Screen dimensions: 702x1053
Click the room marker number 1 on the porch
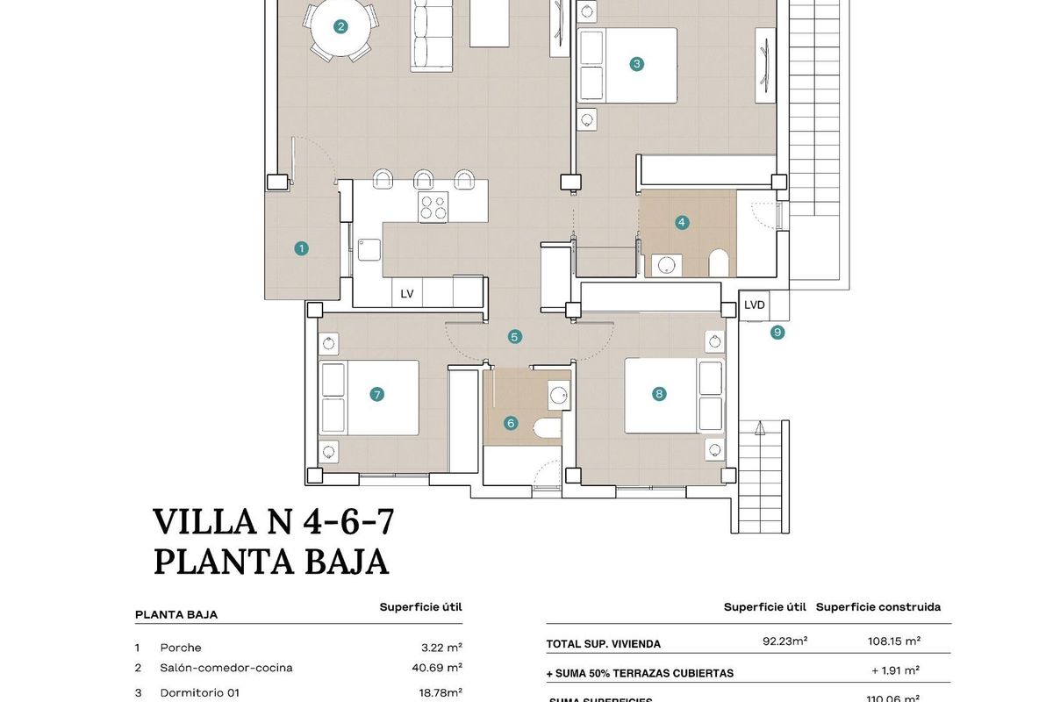point(301,248)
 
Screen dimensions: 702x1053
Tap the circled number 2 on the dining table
point(340,26)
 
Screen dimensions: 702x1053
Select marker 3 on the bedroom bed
point(637,63)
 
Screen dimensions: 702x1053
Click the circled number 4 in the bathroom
point(682,223)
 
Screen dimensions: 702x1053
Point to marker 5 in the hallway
point(515,336)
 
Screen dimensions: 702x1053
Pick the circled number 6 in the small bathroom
point(511,423)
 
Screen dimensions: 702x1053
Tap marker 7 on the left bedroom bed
point(377,395)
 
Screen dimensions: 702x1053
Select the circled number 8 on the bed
point(659,394)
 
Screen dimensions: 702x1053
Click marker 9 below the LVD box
point(777,333)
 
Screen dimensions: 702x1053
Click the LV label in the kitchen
point(407,294)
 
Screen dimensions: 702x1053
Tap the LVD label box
point(754,305)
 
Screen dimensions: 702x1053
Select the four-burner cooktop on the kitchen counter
point(433,207)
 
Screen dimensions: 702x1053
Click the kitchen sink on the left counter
point(369,250)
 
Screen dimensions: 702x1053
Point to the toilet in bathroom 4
point(719,262)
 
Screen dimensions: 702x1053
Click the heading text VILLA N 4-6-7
point(273,522)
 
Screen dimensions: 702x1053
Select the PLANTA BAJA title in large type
point(271,562)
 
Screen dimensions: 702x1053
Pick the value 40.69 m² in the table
point(441,668)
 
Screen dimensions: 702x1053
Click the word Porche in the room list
point(181,648)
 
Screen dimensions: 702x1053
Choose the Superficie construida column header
point(877,606)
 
